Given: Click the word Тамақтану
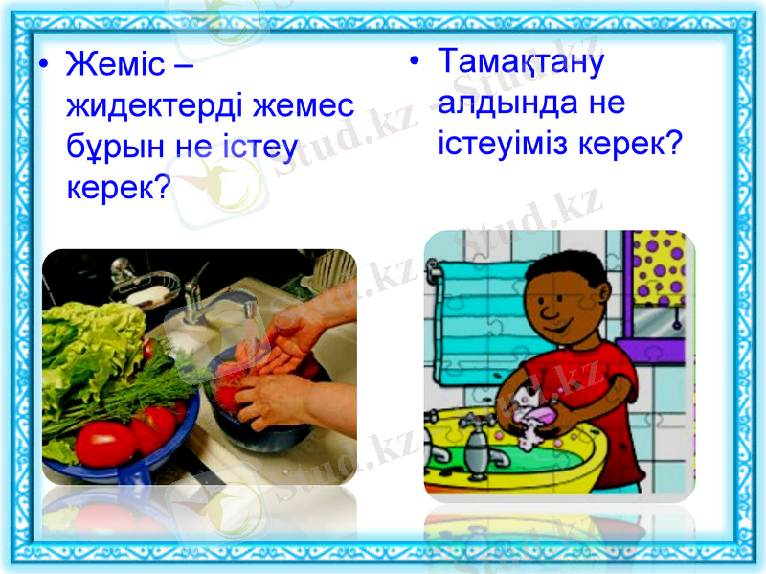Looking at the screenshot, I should click(521, 61).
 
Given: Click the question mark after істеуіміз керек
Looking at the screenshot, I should click(673, 144).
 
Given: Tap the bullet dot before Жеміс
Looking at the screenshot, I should click(43, 67).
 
